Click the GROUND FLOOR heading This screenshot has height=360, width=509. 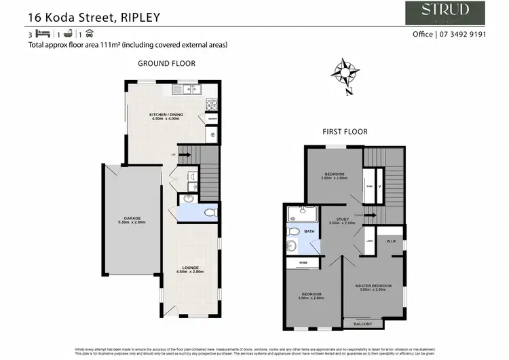pos(166,63)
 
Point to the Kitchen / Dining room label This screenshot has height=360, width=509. pos(166,117)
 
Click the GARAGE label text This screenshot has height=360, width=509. pos(132,219)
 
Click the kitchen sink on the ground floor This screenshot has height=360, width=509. pos(185,88)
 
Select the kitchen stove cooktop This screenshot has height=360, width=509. pos(212,105)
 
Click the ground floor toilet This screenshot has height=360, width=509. pos(210,213)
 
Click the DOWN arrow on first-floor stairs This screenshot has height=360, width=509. pos(371,215)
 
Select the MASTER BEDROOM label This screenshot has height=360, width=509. pos(374,285)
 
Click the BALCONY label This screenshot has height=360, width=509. pos(363,324)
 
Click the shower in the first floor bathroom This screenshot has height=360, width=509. pos(297,215)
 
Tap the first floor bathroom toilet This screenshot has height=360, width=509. pos(292,246)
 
